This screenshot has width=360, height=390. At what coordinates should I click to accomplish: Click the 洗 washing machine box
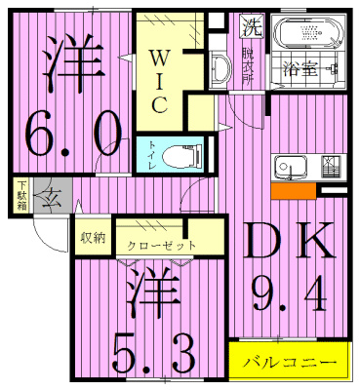(x=251, y=26)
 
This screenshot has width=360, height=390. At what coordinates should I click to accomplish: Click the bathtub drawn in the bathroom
(x=305, y=38)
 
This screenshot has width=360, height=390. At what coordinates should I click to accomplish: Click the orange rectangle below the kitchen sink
(x=292, y=192)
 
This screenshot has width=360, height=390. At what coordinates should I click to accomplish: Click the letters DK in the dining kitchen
(x=285, y=240)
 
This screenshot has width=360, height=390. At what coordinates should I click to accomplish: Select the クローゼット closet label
(x=162, y=245)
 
